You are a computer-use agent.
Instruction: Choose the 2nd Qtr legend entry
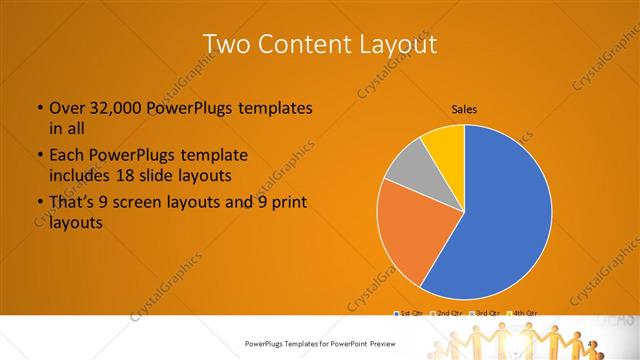447,314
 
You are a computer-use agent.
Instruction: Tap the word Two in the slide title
226,46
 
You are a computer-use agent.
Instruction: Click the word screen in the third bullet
153,203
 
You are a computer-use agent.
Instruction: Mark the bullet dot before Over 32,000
38,108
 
